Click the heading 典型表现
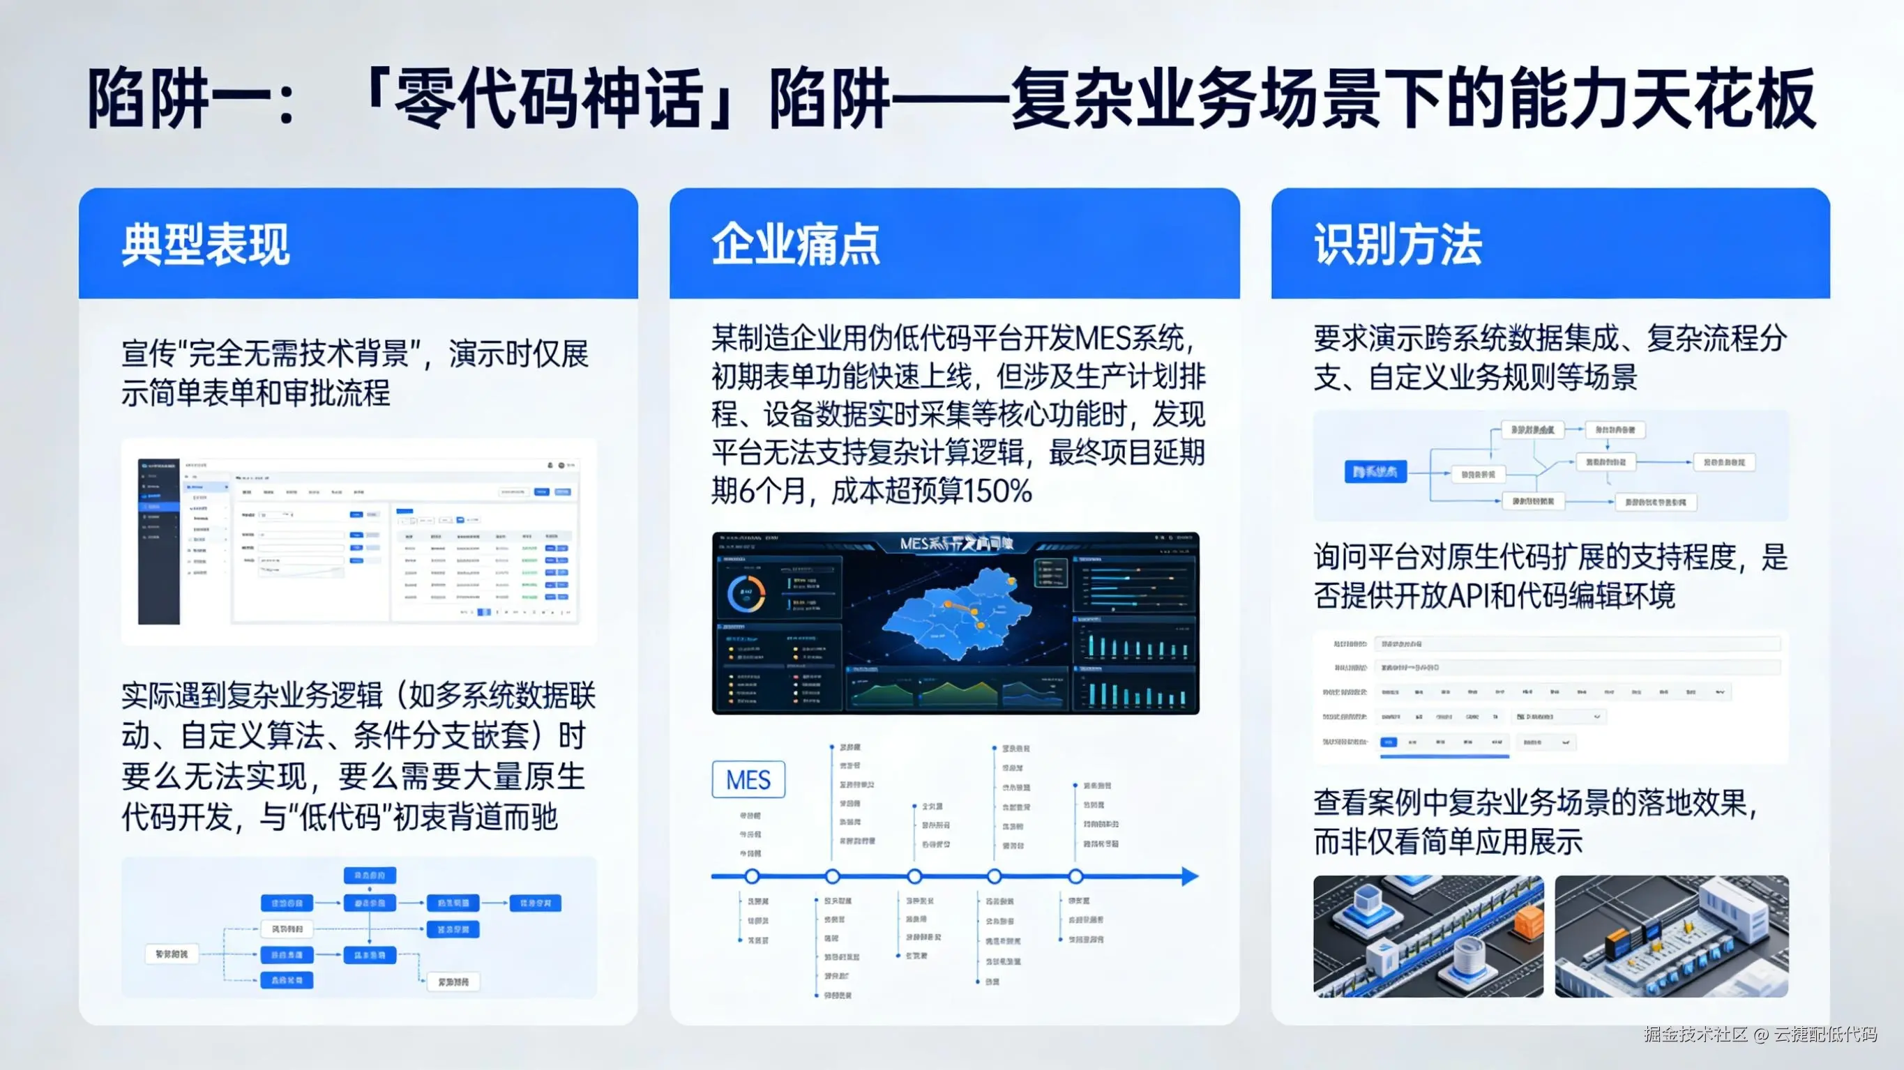click(x=206, y=245)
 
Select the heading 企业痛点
click(x=795, y=245)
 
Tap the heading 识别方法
click(x=1398, y=245)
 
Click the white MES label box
click(x=748, y=779)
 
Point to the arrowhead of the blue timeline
click(x=1189, y=876)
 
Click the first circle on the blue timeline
click(x=752, y=876)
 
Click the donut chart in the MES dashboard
click(x=746, y=593)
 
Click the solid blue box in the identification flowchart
click(x=1375, y=471)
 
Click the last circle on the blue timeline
click(x=1075, y=876)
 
